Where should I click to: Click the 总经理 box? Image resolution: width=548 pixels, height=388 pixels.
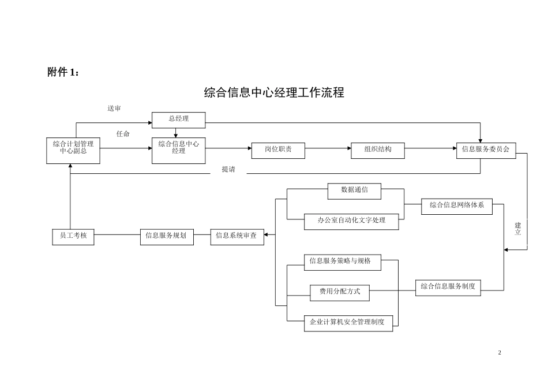coord(178,119)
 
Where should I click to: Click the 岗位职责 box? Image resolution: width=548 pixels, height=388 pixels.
coord(278,150)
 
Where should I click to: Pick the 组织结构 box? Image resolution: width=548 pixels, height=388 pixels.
coord(378,150)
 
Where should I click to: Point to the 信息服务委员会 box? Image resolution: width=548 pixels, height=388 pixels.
coord(486,150)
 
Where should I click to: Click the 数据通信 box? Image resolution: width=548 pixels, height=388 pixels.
coord(354,191)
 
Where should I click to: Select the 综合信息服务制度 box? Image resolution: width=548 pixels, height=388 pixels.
coord(448,287)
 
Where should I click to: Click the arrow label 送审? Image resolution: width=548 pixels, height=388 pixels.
coord(114,109)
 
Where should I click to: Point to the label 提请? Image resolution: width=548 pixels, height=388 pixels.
coord(228,170)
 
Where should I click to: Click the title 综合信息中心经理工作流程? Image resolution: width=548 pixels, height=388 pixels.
coord(274,93)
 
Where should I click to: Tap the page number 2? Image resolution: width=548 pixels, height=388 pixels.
coord(500,353)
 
